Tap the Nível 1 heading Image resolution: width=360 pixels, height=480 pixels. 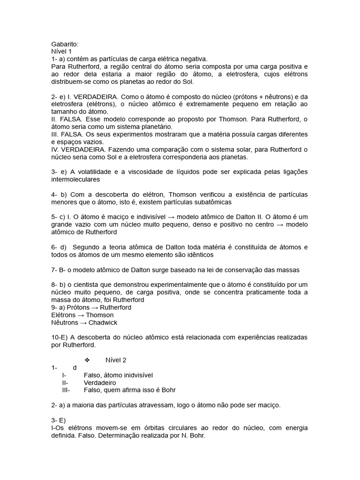coord(62,52)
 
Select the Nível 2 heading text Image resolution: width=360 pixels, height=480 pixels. coord(116,360)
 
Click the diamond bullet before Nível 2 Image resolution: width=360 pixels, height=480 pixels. coord(87,360)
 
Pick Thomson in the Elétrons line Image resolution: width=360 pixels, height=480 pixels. coord(99,315)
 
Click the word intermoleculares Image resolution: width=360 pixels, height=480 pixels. coord(75,179)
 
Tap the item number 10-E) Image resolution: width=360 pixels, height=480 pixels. coord(60,337)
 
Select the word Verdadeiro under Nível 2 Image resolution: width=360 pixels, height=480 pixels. coord(100,382)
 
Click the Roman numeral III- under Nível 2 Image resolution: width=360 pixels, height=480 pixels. coord(66,390)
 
